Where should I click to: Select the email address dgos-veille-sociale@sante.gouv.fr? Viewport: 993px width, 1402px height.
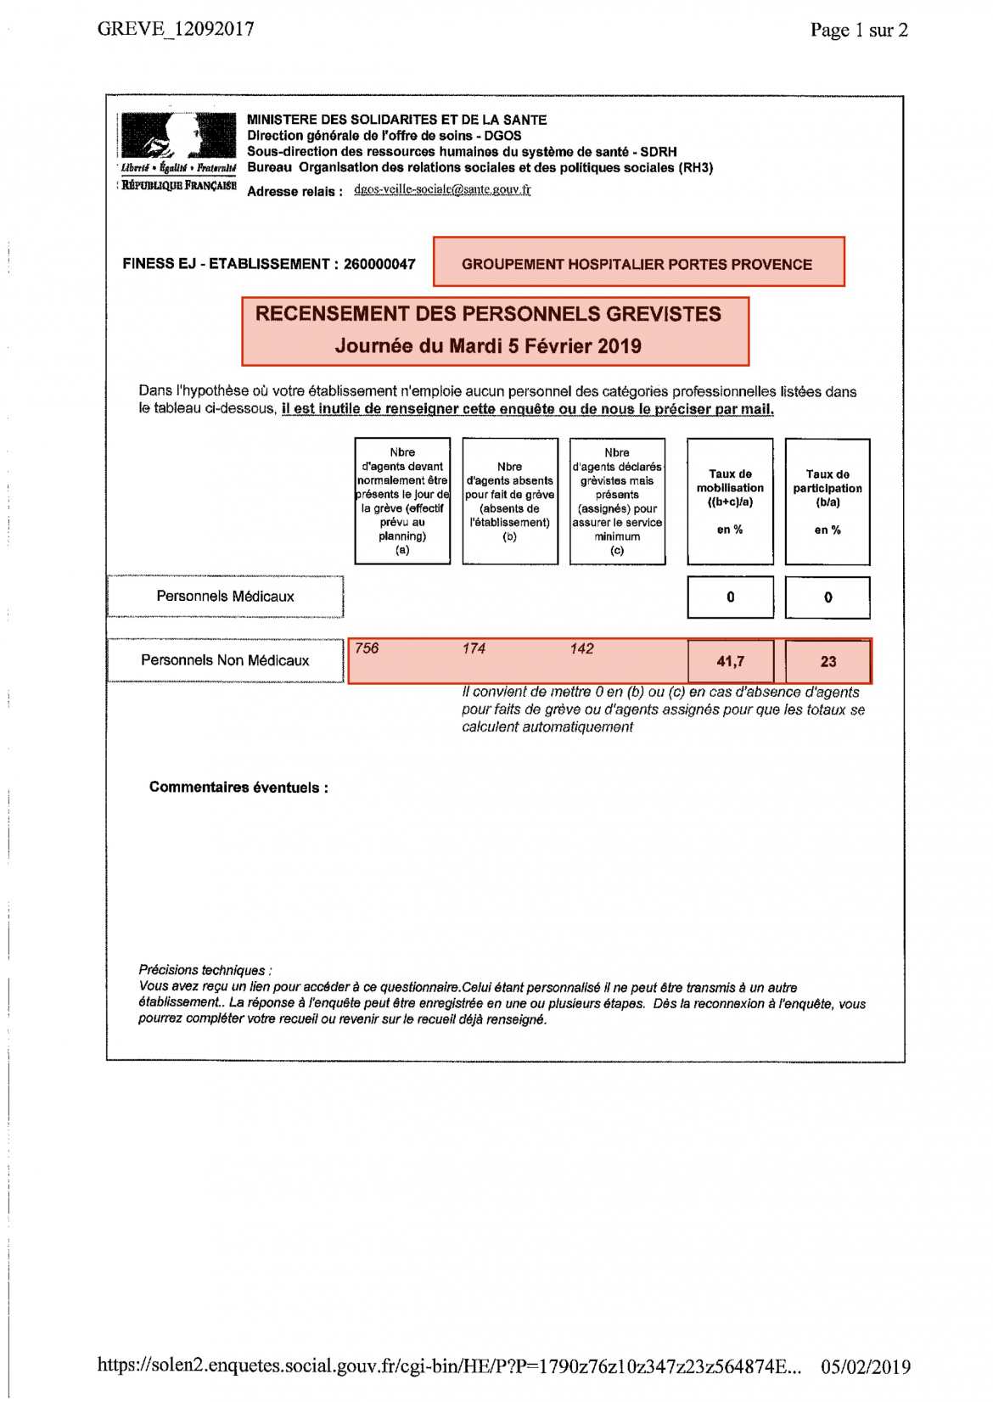click(442, 189)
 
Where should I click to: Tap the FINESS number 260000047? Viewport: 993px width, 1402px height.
click(379, 264)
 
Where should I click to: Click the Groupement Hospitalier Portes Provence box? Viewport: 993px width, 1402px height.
click(638, 263)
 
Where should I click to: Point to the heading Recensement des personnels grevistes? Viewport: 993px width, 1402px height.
click(488, 314)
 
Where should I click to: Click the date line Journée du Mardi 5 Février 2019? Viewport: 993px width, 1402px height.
click(488, 346)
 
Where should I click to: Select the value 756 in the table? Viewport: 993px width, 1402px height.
click(367, 648)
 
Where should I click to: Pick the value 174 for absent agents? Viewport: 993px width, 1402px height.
click(474, 648)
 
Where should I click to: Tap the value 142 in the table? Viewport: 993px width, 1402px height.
click(582, 648)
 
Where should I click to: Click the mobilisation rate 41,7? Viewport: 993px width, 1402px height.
click(730, 661)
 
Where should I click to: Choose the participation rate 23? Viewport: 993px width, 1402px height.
click(828, 661)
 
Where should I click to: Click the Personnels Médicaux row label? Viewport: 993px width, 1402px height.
click(225, 597)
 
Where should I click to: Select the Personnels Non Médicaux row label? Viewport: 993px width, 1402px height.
click(225, 660)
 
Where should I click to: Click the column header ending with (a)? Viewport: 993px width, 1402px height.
click(402, 501)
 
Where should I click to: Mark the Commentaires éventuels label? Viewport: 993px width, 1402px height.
click(238, 788)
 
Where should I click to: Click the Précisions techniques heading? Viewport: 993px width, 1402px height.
click(205, 970)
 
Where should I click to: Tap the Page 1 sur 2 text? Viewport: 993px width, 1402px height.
click(858, 31)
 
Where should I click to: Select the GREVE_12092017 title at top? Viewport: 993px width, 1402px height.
click(176, 29)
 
